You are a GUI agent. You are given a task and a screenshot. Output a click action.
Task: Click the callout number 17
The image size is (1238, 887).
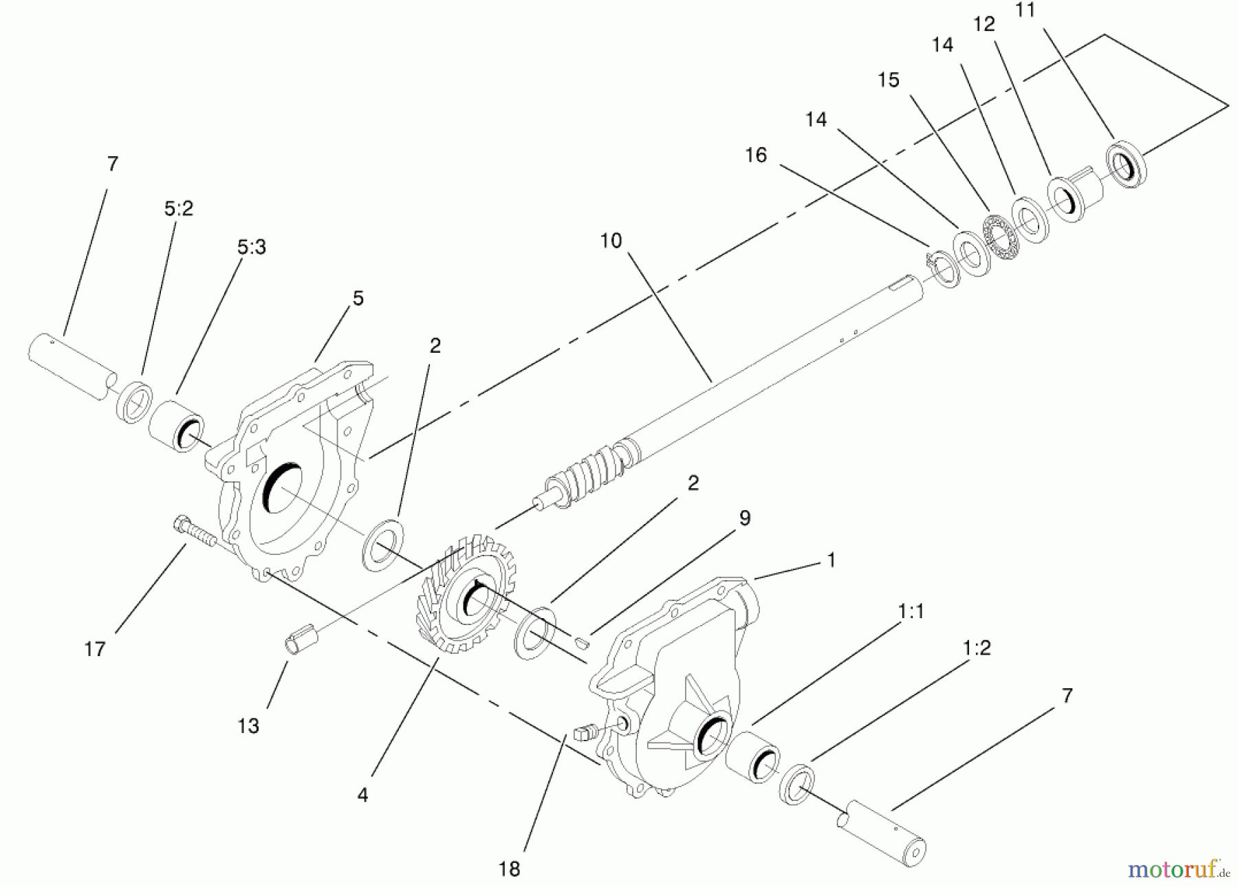click(95, 648)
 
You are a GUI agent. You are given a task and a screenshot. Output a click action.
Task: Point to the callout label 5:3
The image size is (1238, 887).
click(251, 247)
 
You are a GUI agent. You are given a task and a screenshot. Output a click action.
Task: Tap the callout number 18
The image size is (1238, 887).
click(509, 869)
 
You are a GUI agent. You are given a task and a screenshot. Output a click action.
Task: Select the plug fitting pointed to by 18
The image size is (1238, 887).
click(584, 731)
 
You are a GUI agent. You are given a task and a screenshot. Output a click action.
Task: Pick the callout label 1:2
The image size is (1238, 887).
click(977, 648)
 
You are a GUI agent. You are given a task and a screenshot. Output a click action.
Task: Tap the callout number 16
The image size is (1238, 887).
click(755, 155)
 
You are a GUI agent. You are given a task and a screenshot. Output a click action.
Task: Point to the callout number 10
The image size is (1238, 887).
click(611, 241)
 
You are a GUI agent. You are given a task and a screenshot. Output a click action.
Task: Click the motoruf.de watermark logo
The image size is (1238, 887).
click(1178, 869)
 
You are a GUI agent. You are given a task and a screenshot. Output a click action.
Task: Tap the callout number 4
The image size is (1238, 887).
click(362, 795)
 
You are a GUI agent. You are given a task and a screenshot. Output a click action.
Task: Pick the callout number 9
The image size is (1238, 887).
click(745, 518)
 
